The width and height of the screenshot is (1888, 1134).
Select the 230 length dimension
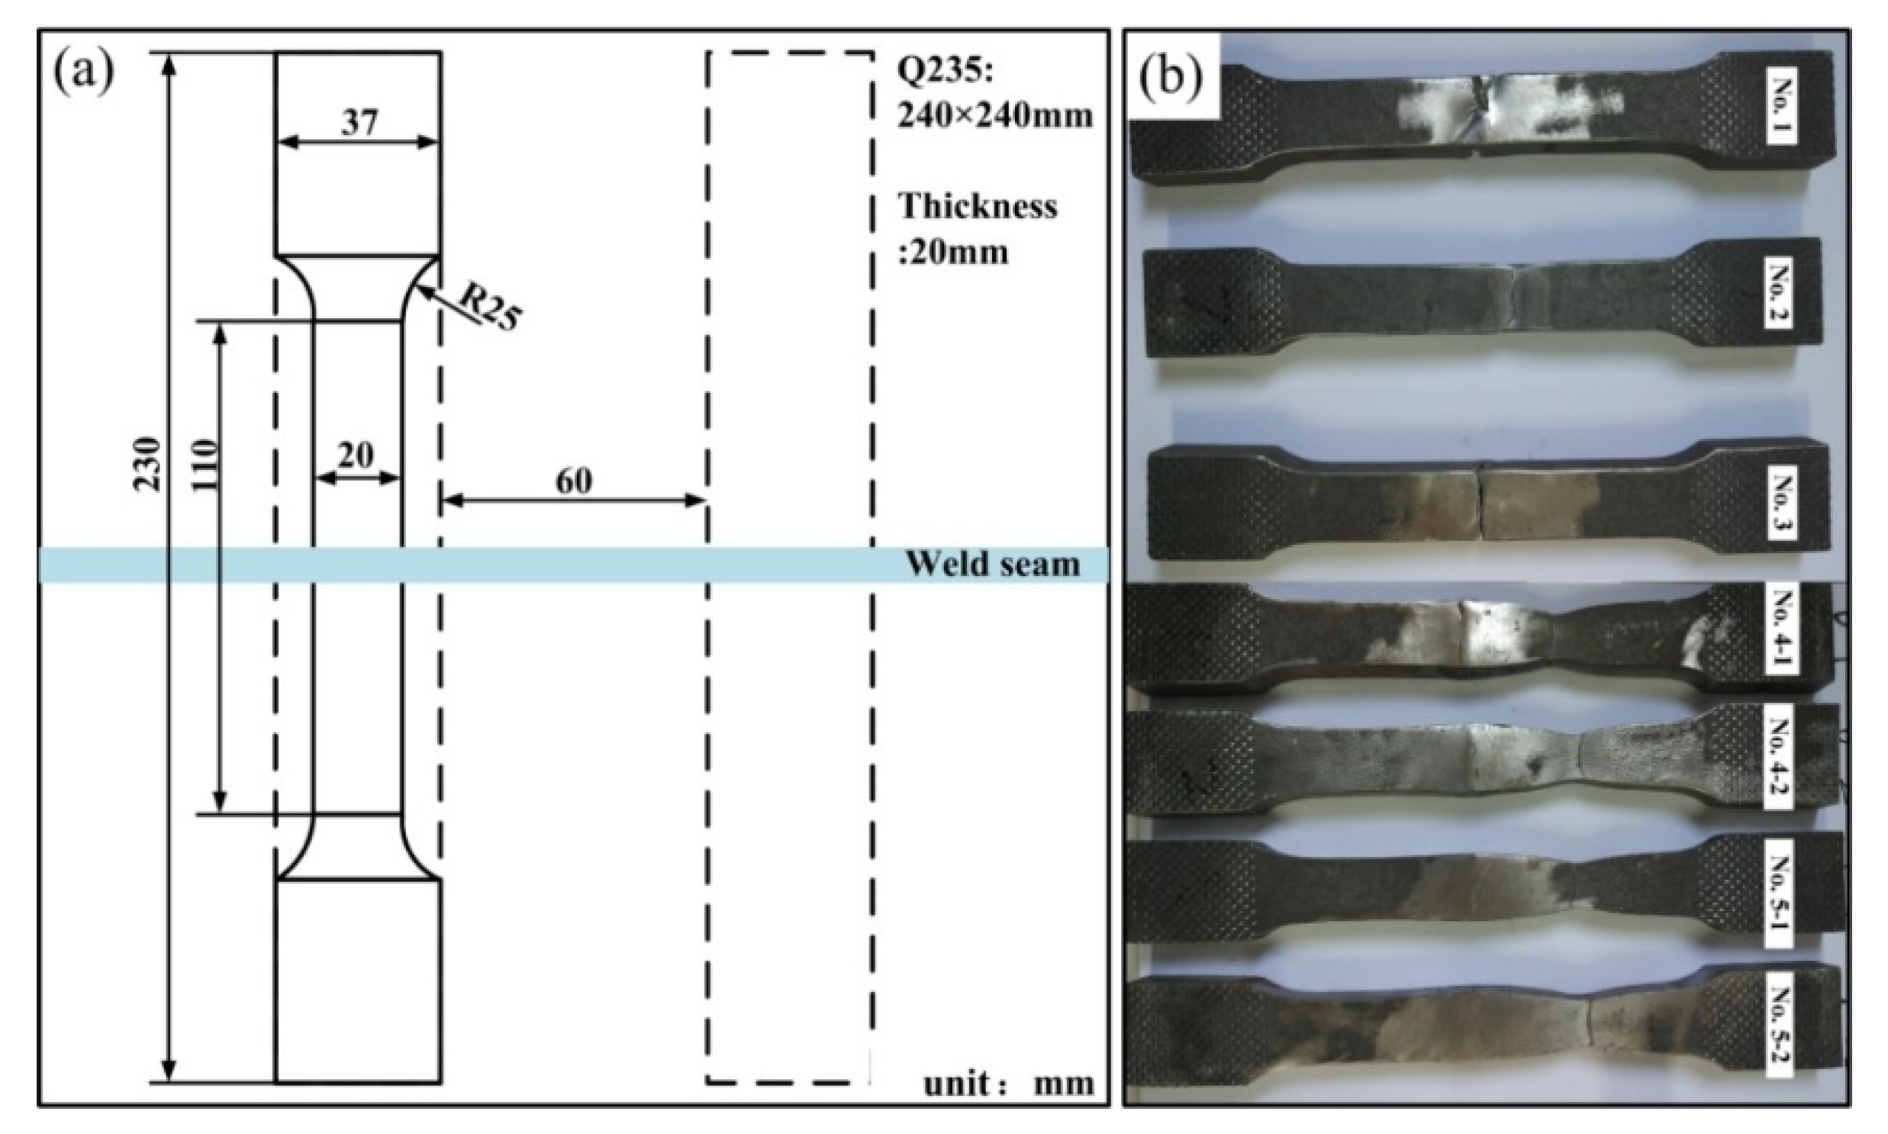(147, 464)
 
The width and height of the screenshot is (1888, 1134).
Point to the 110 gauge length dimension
(204, 464)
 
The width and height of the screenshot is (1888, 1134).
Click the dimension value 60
(573, 481)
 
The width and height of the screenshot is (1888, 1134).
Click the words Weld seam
(993, 565)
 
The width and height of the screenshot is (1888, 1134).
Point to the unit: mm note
(1009, 1084)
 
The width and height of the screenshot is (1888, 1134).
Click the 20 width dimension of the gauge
(356, 456)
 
